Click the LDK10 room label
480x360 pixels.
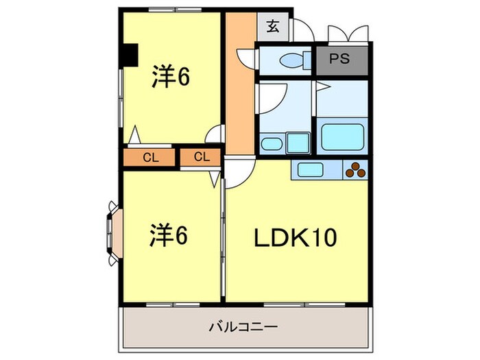click(297, 239)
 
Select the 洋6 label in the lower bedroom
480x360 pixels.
click(169, 236)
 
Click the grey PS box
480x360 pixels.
click(341, 59)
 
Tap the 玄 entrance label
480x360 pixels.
click(273, 27)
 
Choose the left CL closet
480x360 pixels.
click(151, 157)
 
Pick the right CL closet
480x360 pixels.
click(201, 157)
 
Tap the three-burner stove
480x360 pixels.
click(355, 169)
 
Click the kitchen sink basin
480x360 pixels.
click(309, 169)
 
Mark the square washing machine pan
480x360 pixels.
click(298, 143)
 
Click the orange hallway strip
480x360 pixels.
click(239, 89)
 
